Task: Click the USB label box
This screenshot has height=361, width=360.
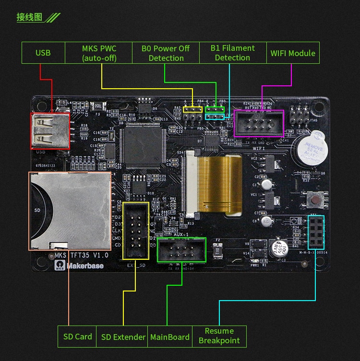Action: [x=43, y=53]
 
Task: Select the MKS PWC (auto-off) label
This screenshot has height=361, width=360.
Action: [x=99, y=53]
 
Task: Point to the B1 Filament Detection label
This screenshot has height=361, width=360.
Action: [x=232, y=53]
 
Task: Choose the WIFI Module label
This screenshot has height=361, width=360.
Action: [x=293, y=53]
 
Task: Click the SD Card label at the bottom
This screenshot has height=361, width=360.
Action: [x=77, y=337]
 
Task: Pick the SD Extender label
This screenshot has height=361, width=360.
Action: [x=123, y=337]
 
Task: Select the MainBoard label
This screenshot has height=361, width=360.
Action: [x=169, y=337]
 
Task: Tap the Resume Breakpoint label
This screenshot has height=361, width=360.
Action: [x=219, y=336]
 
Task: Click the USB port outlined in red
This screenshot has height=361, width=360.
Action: [x=50, y=131]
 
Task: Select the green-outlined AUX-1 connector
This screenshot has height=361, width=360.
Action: [x=181, y=249]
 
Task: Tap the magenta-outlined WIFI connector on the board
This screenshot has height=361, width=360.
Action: [x=259, y=123]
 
